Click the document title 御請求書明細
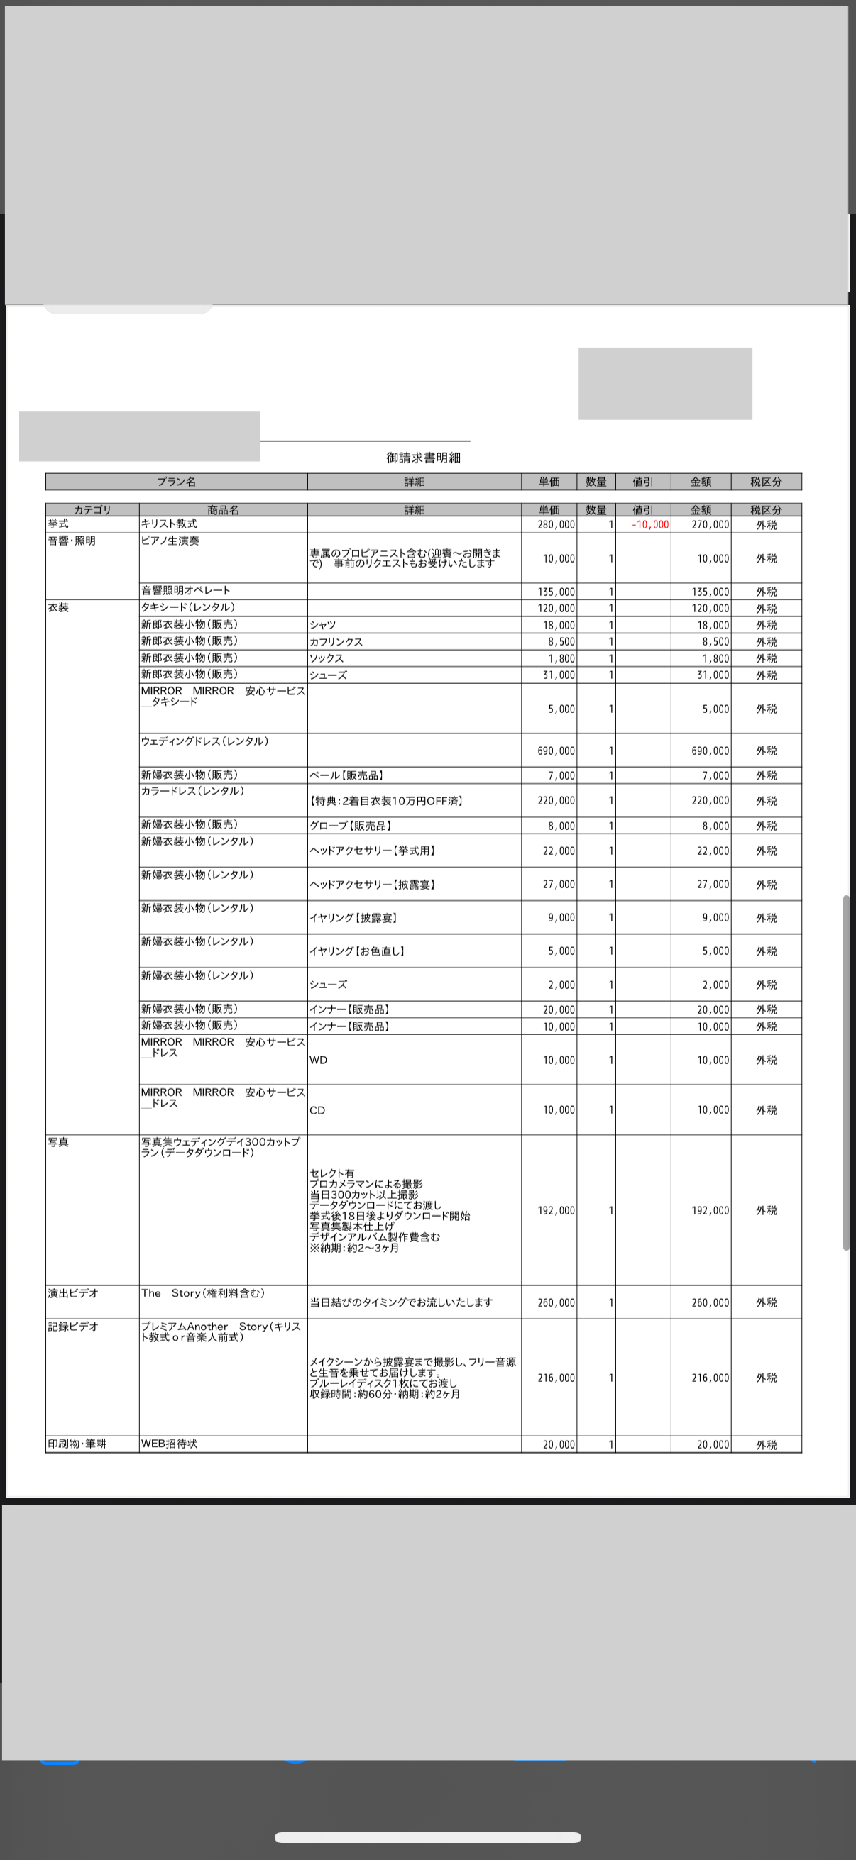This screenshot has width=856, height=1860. coord(423,458)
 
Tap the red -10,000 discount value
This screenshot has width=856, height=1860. coord(650,525)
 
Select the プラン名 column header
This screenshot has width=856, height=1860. coord(176,482)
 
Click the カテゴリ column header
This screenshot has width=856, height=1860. coord(92,510)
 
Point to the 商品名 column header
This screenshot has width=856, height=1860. coord(222,510)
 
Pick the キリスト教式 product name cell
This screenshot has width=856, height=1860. coord(170,524)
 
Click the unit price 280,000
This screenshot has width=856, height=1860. coord(556,525)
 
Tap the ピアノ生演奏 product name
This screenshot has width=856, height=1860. coord(170,541)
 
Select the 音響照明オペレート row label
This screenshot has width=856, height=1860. coord(187,591)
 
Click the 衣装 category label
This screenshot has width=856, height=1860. coord(58,608)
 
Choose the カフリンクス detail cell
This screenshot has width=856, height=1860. coord(336,642)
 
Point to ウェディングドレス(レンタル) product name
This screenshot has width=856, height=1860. coord(205,741)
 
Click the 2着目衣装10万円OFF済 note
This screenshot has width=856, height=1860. coord(386,801)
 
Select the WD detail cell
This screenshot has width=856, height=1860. coord(319,1060)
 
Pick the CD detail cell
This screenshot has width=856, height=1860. coord(317,1110)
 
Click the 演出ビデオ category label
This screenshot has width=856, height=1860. coord(73,1293)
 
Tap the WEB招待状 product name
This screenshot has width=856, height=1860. coord(169,1444)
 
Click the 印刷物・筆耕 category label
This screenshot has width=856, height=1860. coord(77,1444)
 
